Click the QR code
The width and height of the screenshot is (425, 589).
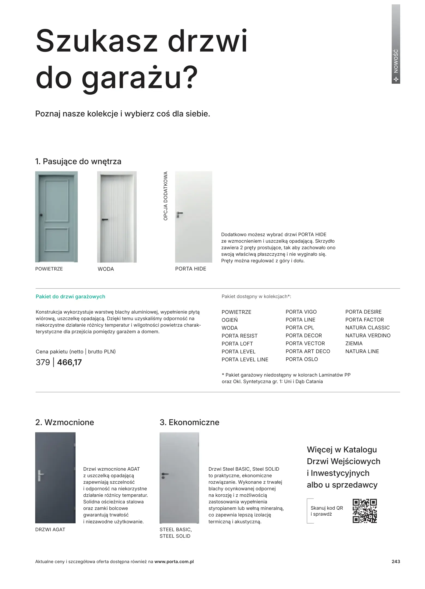[364, 511]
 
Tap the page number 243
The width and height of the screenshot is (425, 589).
[396, 561]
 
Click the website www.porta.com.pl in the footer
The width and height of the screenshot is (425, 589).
[174, 562]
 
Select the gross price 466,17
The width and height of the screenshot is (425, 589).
[69, 362]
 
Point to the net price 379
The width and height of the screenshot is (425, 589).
[43, 362]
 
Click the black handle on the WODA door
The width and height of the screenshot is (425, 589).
[105, 220]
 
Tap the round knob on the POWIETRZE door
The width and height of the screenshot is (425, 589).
[41, 215]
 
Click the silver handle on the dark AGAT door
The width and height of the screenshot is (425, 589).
[40, 476]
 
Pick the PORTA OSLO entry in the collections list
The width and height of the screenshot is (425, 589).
[301, 359]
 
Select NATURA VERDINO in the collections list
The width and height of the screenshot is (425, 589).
[368, 336]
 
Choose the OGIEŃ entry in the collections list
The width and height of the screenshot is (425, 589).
[229, 320]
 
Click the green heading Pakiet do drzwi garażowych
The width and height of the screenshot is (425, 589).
[70, 297]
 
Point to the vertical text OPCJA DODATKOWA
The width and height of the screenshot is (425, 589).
[165, 196]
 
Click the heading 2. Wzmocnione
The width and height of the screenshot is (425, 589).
[65, 422]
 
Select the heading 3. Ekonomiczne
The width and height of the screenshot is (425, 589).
[189, 422]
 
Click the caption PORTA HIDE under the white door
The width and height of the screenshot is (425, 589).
[190, 269]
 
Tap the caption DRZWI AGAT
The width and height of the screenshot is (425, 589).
[50, 530]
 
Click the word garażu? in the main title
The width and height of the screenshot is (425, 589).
[139, 77]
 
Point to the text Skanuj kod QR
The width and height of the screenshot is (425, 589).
[327, 508]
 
